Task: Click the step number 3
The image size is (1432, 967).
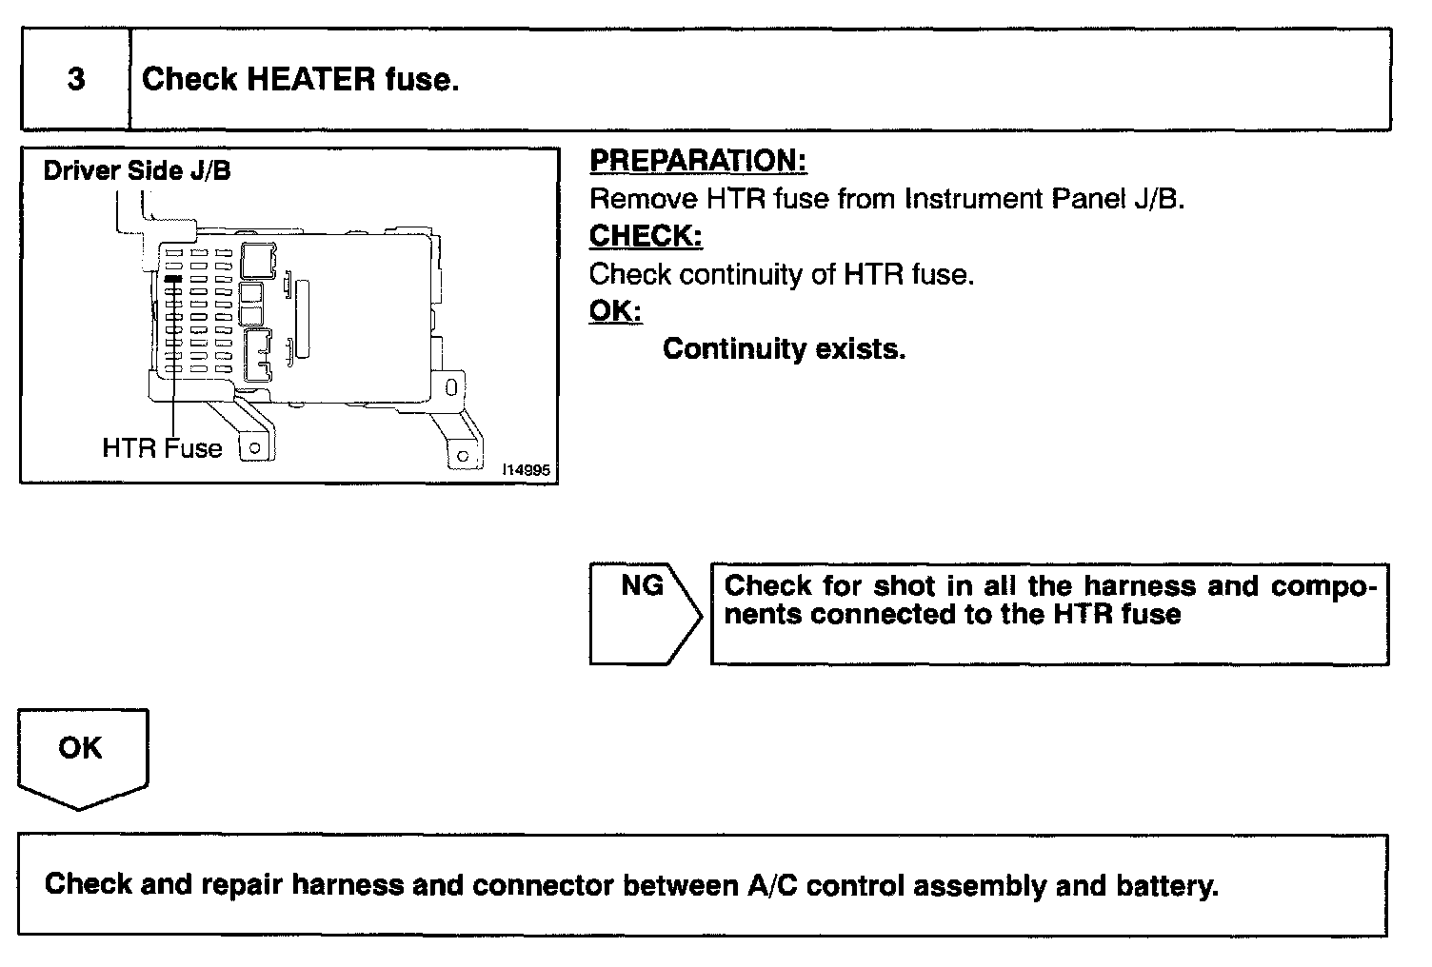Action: pos(76,79)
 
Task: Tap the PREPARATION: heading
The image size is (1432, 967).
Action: pos(698,161)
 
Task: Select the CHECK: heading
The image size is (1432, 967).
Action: pos(646,236)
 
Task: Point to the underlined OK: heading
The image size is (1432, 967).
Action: pos(615,311)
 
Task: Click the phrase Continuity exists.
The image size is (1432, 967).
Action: pos(784,349)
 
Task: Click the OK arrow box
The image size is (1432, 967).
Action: pos(81,752)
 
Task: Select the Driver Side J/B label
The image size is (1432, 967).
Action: pos(137,171)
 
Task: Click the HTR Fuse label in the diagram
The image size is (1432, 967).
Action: pos(162,448)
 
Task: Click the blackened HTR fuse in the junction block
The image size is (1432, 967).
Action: pos(173,280)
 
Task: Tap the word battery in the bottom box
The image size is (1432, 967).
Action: pos(1166,885)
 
